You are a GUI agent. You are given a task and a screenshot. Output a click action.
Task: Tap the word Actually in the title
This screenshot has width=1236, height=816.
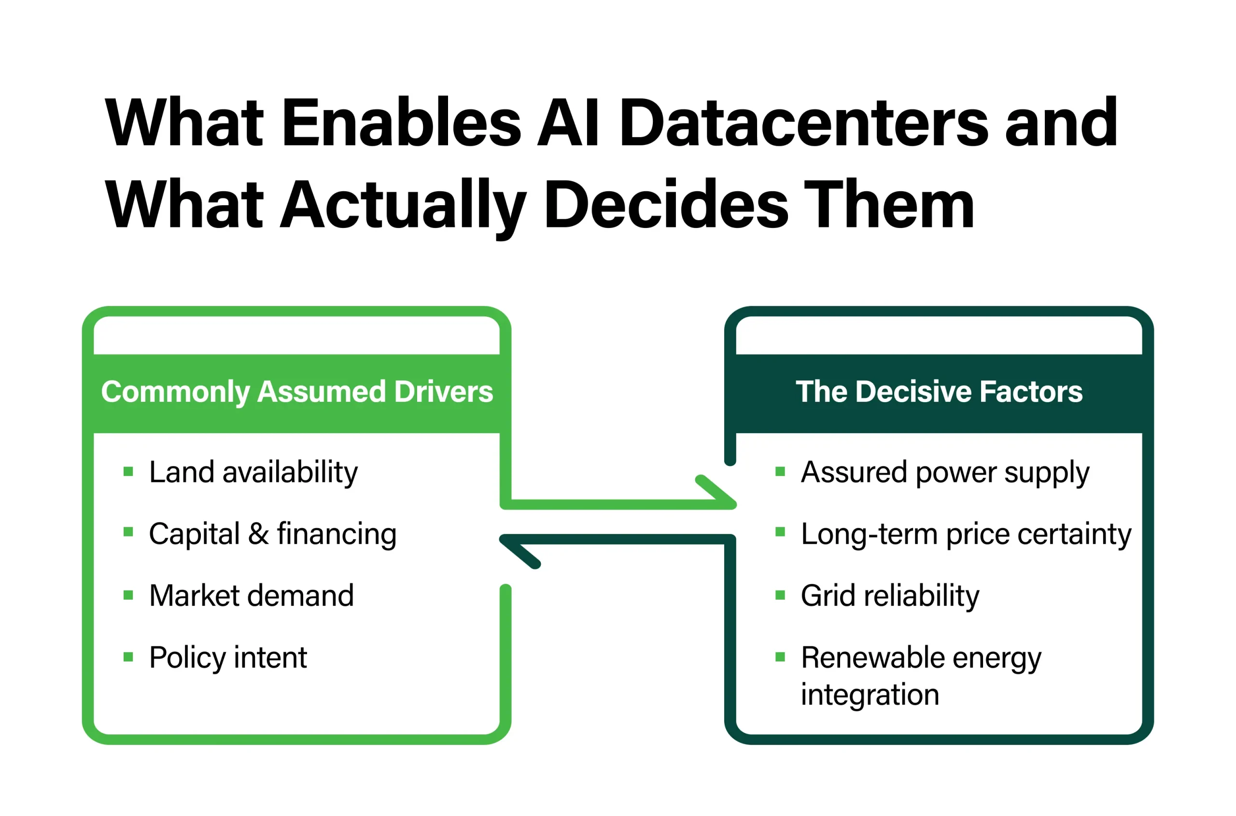tap(403, 206)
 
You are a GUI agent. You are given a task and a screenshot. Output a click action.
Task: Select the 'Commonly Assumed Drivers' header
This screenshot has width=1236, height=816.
tap(296, 392)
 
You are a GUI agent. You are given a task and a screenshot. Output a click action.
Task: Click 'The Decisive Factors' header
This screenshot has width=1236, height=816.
tap(939, 392)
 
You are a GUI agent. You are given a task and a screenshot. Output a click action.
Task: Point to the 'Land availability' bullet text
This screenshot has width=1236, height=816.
tap(253, 473)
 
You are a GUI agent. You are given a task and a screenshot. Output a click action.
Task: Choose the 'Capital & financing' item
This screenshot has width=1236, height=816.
tap(273, 535)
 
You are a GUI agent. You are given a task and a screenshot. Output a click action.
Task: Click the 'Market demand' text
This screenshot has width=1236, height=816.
tap(252, 596)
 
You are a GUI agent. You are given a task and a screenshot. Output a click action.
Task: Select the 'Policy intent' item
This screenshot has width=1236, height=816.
tap(228, 658)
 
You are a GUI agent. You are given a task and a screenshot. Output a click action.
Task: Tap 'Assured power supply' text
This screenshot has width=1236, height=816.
tap(944, 473)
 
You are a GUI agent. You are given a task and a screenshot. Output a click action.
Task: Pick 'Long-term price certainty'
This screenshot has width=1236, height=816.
tap(966, 535)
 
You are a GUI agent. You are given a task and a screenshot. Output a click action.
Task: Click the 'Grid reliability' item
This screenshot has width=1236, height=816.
tap(890, 596)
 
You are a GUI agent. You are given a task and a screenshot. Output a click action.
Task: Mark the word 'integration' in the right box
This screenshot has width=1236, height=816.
tap(870, 695)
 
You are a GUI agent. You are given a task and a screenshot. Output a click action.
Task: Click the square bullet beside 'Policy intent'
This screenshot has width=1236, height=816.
tap(128, 657)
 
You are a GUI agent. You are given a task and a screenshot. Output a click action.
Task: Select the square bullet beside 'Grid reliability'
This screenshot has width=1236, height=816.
tap(780, 595)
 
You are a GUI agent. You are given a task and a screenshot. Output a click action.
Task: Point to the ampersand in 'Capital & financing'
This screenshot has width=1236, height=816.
tap(258, 534)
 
